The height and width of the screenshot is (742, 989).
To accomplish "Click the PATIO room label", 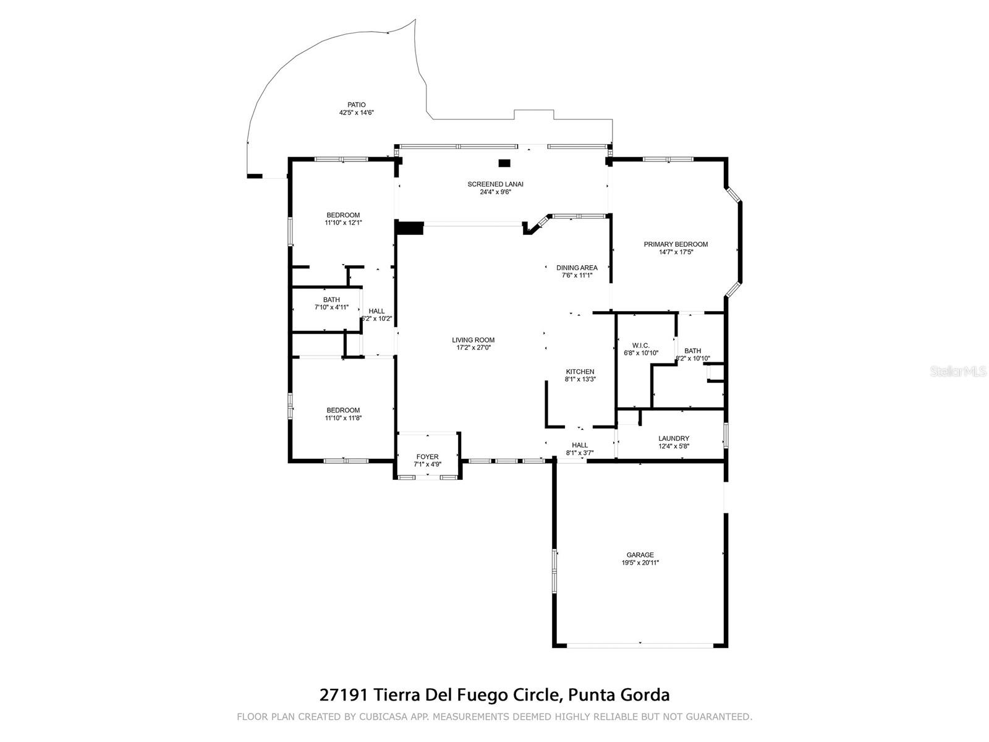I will tap(356, 105).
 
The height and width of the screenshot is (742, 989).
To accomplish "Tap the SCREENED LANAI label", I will tap(495, 184).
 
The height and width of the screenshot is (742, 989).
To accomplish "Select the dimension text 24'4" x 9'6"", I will tap(495, 192).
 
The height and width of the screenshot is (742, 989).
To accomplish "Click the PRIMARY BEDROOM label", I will tap(676, 244).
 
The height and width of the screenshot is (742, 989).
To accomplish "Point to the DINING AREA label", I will tap(577, 268).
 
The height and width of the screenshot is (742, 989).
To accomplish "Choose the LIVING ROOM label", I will tap(473, 340).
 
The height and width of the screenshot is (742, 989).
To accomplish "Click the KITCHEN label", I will tap(580, 372).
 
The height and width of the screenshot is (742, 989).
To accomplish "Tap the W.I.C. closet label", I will tap(640, 345).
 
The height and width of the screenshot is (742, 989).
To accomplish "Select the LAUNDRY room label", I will tap(673, 438).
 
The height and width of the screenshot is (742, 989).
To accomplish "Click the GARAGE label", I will tap(640, 555).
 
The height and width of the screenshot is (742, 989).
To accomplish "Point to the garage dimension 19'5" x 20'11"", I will tap(640, 563).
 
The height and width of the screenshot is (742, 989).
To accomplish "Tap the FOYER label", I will tap(427, 457).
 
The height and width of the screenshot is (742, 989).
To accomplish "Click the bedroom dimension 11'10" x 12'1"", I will tap(343, 223).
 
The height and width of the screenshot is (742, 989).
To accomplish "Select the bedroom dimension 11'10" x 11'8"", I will tap(343, 418).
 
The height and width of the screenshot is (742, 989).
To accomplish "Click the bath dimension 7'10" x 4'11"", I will tap(331, 307).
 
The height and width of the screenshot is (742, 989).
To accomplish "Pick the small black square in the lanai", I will tap(505, 163).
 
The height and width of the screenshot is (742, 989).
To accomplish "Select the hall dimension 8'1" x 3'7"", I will tap(580, 453).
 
